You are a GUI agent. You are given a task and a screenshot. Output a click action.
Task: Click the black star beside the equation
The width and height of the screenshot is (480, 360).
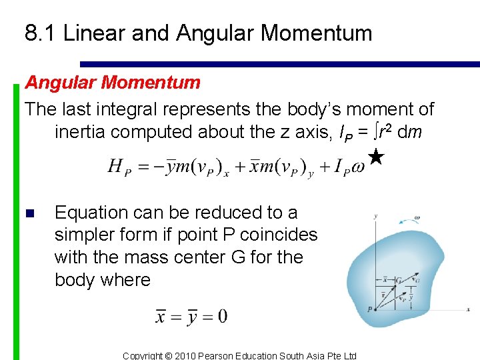(375, 157)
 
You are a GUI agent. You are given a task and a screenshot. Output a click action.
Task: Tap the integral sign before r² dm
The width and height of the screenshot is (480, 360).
(377, 131)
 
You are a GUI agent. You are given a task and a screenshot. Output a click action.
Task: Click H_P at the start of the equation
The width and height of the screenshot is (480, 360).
(119, 167)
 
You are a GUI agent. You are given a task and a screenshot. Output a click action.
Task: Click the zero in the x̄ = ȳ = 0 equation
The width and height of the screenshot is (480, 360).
(221, 315)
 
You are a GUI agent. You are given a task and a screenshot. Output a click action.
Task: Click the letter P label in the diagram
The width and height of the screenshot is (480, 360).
(369, 309)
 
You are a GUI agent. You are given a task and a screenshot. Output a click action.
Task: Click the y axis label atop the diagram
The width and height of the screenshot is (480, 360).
(375, 216)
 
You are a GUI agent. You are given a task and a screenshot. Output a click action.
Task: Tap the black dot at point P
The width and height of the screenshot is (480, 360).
(376, 309)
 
